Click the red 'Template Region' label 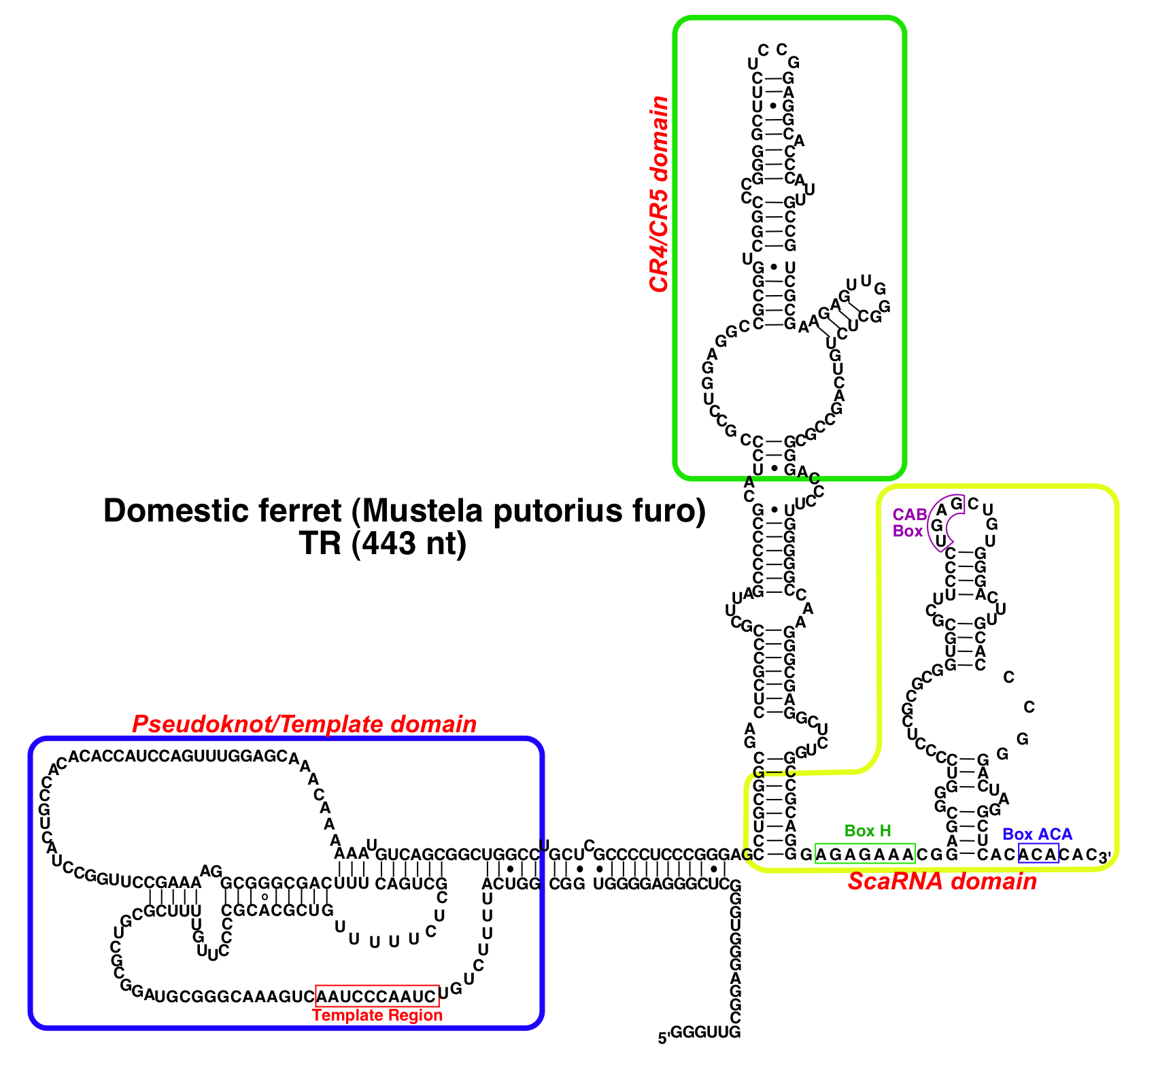[377, 1015]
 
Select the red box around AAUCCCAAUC [377, 996]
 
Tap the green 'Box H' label [868, 830]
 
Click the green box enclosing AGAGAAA [865, 854]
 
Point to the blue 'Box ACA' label [1037, 834]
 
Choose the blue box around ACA [1038, 854]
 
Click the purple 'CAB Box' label [909, 523]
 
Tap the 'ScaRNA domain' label [942, 882]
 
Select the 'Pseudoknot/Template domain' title [304, 724]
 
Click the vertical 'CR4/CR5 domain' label [659, 194]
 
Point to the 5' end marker [664, 1038]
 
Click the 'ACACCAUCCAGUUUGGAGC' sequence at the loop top [178, 756]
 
